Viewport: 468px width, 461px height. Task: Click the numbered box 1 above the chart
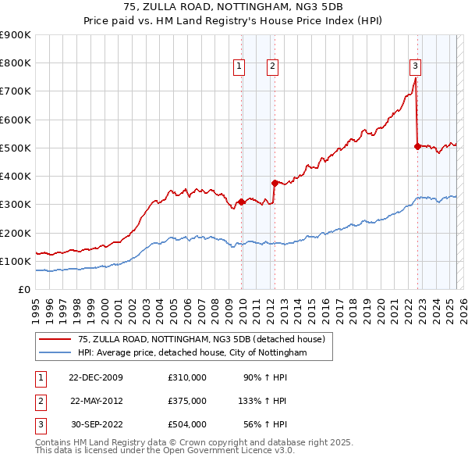tap(239, 66)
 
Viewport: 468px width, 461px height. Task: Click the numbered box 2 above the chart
tap(272, 66)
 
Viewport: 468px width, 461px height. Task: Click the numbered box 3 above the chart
tap(415, 66)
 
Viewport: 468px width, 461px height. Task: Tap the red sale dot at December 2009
tap(242, 202)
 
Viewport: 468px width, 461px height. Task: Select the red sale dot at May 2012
tap(275, 183)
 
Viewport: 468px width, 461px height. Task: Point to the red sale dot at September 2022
tap(417, 146)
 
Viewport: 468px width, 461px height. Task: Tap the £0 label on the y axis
tap(23, 289)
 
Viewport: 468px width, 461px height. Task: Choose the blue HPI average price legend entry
tap(192, 353)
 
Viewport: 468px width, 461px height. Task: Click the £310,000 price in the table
tap(187, 377)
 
